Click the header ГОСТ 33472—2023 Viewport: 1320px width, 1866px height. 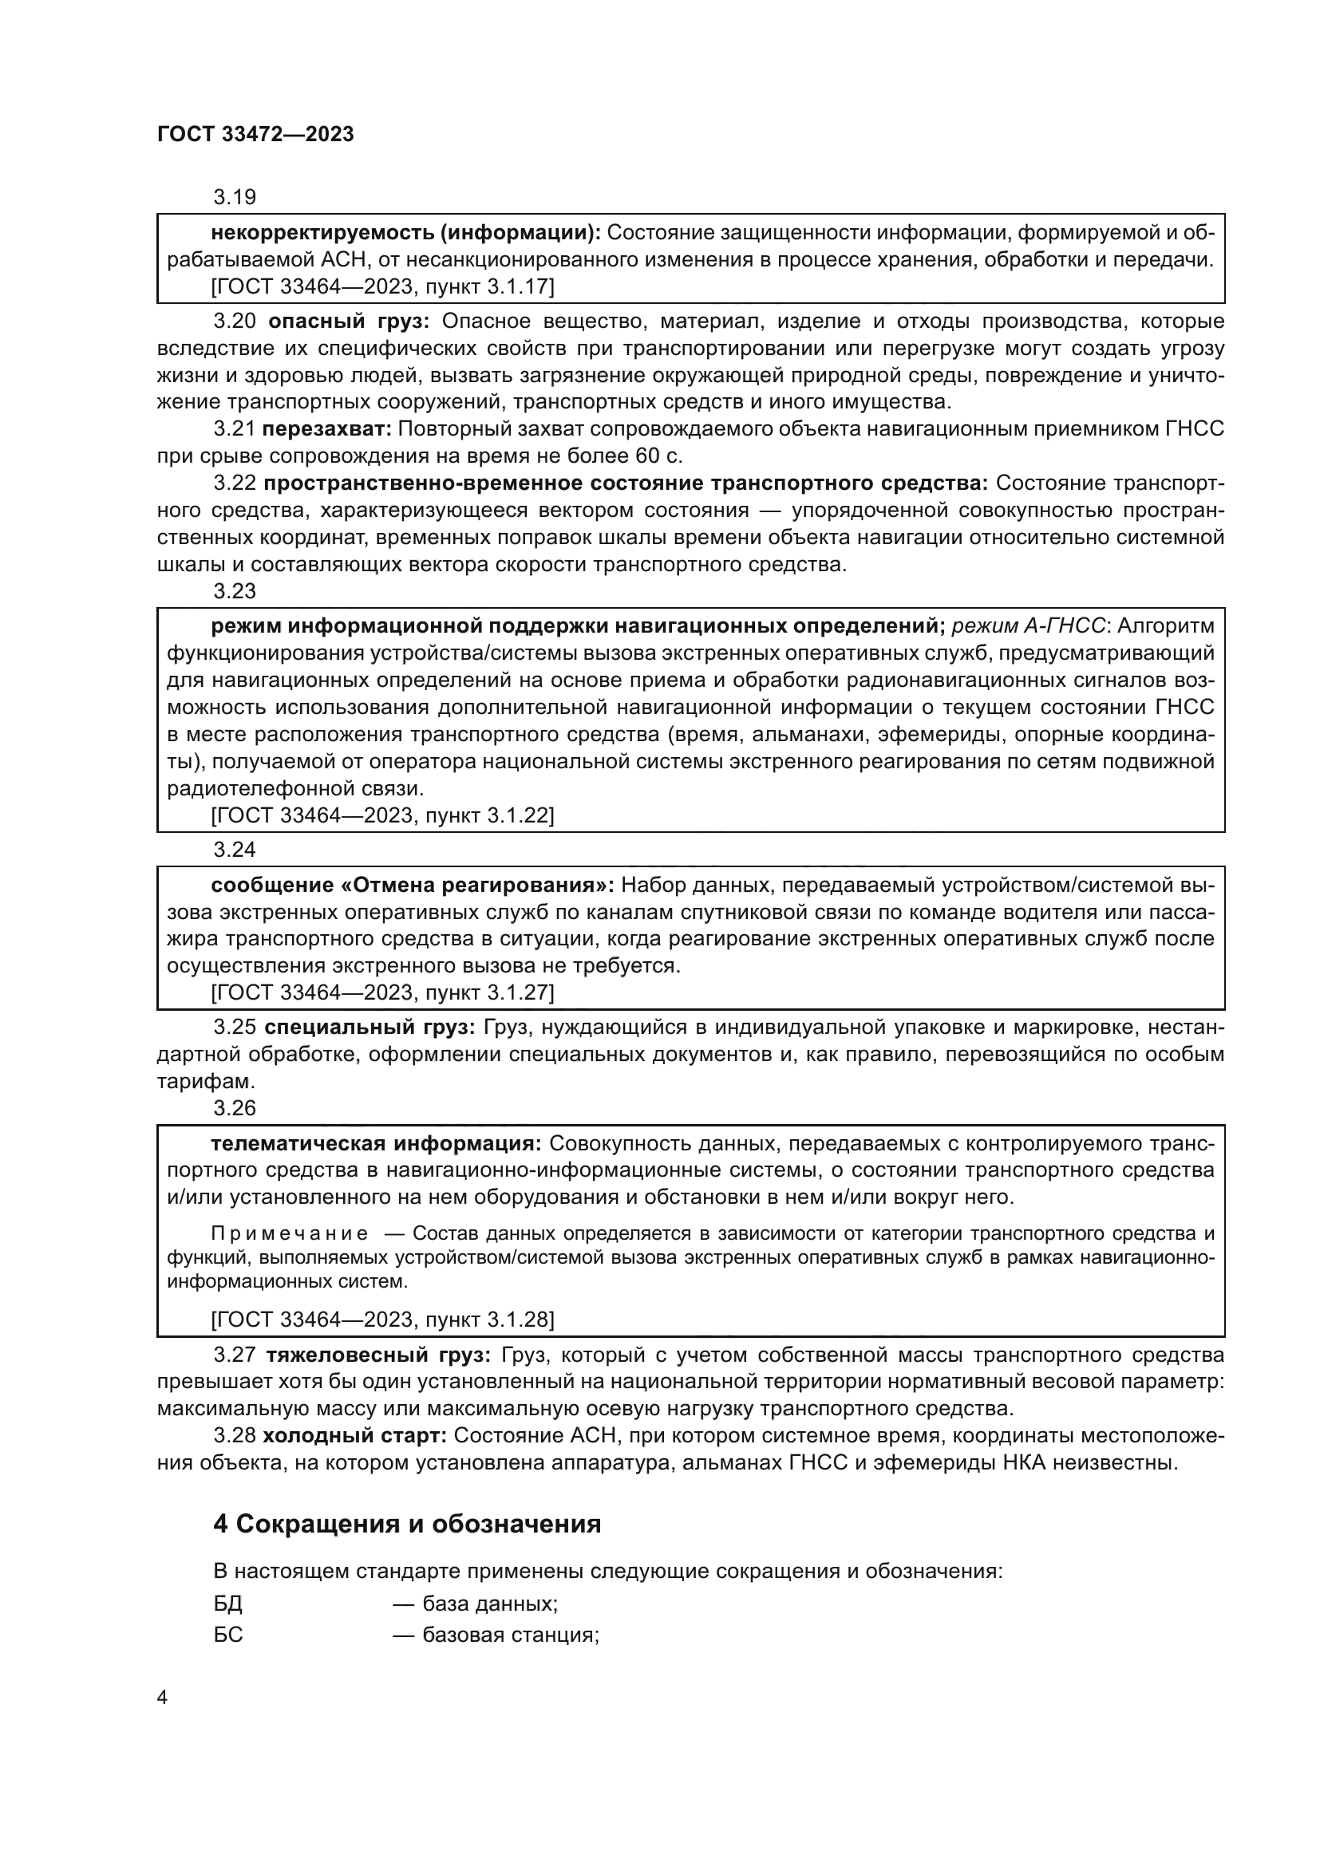(x=255, y=134)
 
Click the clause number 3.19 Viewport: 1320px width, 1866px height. (x=234, y=197)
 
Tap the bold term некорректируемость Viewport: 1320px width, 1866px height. (x=322, y=233)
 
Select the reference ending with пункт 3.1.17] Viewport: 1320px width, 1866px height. (x=382, y=287)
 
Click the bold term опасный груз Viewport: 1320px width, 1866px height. (x=348, y=321)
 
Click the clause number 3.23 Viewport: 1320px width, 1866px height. (x=234, y=591)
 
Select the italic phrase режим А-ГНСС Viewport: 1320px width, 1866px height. (x=1028, y=625)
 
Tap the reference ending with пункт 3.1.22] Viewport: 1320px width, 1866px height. (x=382, y=815)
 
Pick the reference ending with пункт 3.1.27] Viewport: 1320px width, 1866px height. (x=382, y=992)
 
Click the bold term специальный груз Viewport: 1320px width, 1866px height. (x=369, y=1028)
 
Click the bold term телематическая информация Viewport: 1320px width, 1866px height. (x=376, y=1143)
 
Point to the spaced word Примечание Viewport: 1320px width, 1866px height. (x=290, y=1233)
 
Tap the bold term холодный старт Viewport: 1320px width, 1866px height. (x=354, y=1435)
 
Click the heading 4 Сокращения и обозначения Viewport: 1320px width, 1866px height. (x=406, y=1524)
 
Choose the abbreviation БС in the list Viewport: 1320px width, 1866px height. (x=228, y=1635)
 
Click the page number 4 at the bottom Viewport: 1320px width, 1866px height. (x=162, y=1698)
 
